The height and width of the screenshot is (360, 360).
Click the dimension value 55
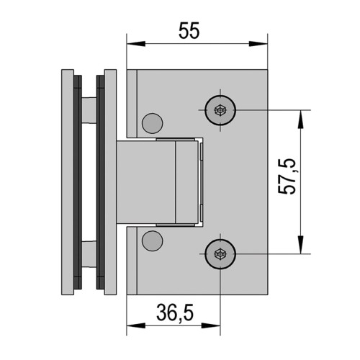click(189, 31)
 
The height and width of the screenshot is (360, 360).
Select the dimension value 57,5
click(287, 176)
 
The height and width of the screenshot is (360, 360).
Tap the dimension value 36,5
click(175, 312)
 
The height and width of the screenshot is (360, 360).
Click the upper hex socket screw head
click(220, 110)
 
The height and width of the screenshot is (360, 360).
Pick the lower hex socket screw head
click(220, 253)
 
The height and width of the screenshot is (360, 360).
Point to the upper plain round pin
click(153, 123)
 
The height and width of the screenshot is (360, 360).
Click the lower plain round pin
click(153, 241)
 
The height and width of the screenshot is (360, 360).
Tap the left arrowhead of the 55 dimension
click(136, 44)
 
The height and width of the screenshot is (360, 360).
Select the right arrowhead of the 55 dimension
click(258, 44)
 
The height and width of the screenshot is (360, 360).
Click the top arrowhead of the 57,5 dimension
click(300, 120)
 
